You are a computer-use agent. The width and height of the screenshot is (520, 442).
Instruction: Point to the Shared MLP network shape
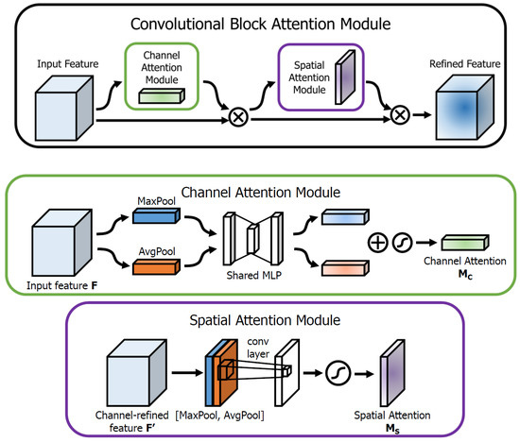point(254,242)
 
